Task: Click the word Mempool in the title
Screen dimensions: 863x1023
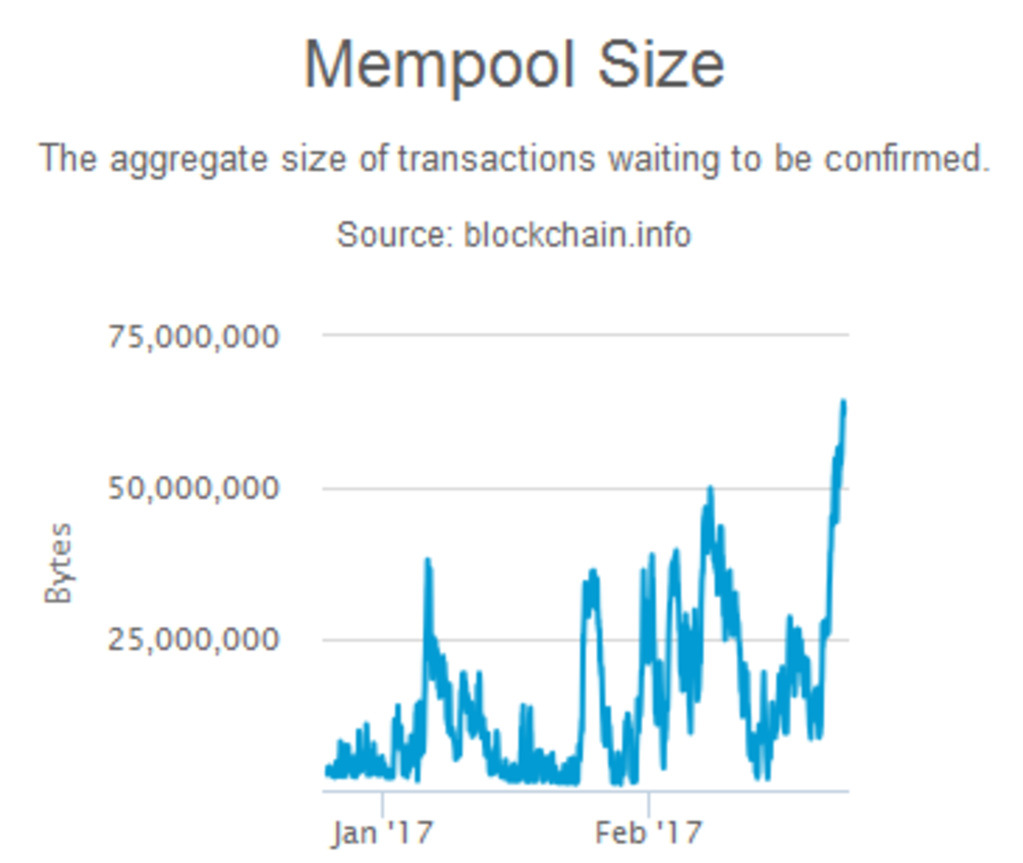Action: click(438, 65)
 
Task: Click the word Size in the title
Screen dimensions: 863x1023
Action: click(660, 64)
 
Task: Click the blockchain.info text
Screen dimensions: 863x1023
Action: click(577, 234)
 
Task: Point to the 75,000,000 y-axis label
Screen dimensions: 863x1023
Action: click(194, 337)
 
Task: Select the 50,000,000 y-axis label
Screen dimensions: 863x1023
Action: click(194, 489)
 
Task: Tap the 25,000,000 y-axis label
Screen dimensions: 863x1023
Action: click(194, 640)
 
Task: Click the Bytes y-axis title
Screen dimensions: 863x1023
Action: click(58, 563)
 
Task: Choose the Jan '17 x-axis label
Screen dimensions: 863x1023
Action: click(382, 832)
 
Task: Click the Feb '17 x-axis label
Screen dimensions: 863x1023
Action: click(648, 832)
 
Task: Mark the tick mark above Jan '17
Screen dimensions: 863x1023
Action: click(382, 802)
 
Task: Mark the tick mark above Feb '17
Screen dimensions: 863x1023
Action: click(648, 802)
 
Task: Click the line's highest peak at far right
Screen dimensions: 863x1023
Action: click(844, 402)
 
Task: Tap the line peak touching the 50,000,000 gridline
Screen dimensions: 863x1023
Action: click(710, 489)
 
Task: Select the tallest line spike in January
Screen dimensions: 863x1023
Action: click(427, 561)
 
